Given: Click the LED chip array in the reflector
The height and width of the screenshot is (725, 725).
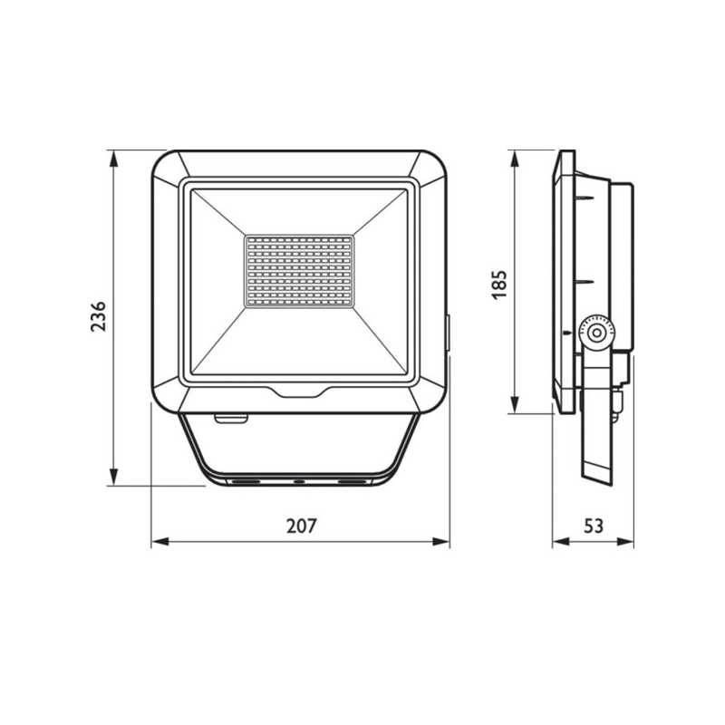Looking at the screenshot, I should pos(300,272).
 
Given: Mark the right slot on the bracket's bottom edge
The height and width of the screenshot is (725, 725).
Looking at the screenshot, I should pos(348,479).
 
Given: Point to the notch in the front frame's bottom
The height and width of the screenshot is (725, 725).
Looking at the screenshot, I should pos(299,392).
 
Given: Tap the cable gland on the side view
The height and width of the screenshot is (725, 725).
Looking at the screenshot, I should pos(620,399).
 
